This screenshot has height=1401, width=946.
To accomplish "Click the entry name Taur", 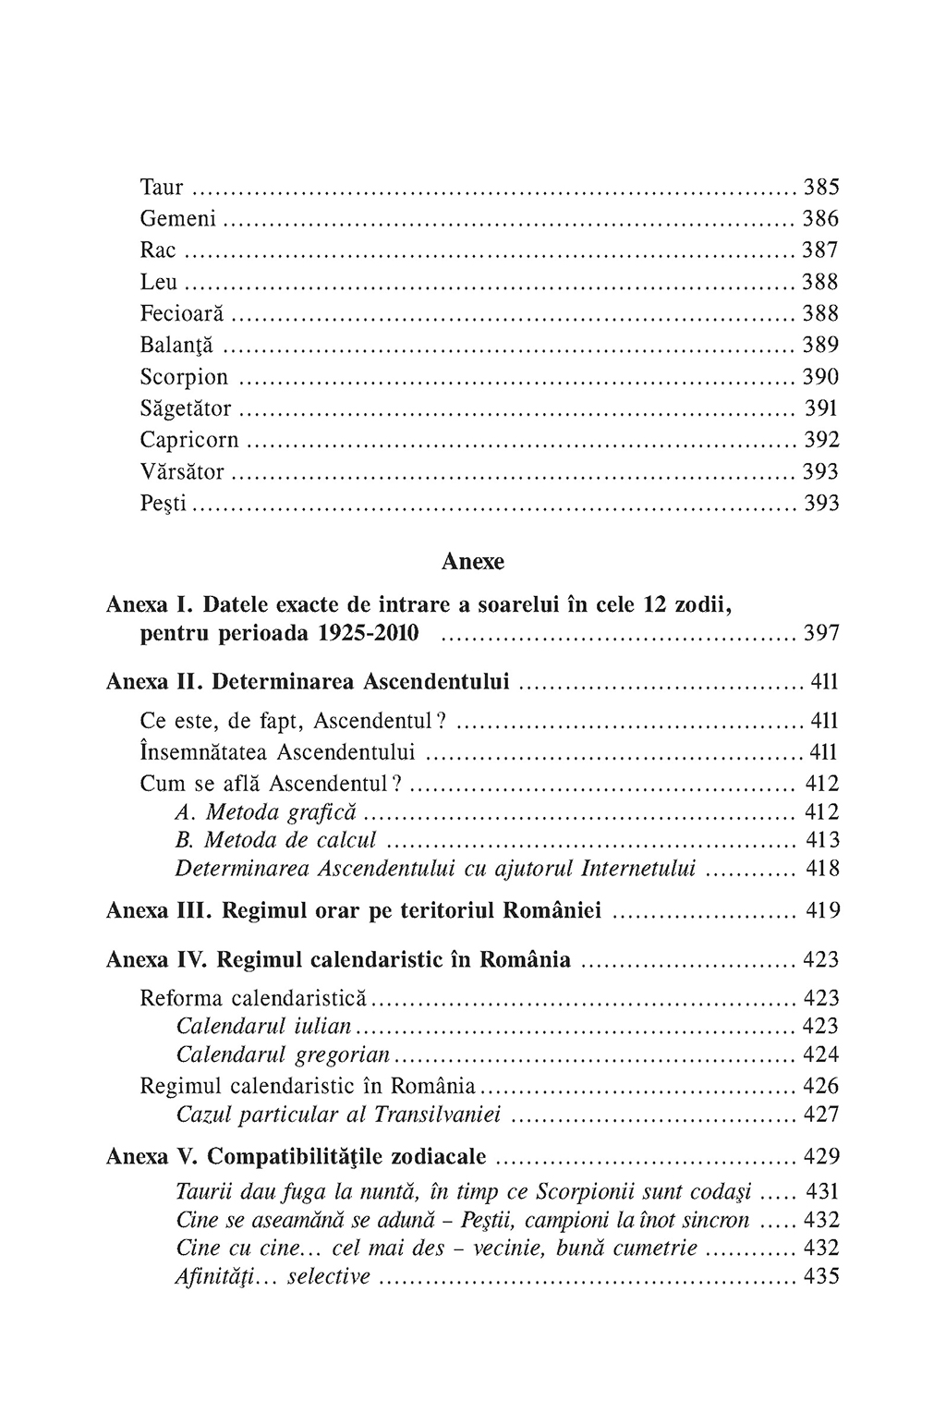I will pos(162,188).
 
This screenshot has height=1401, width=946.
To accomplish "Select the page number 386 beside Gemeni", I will pos(820,219).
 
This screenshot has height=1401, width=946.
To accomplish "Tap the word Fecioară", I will pos(182,313).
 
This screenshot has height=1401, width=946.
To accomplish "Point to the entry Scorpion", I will pos(184,377).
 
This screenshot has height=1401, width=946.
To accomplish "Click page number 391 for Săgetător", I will pos(821,408).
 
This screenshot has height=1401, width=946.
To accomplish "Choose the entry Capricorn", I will pos(189,440).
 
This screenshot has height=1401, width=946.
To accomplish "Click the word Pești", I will pos(164,504).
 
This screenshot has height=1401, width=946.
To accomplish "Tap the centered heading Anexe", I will pos(473,561).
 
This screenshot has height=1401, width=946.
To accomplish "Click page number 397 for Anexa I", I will pos(820,634).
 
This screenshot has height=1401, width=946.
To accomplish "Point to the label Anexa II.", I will pos(153,682).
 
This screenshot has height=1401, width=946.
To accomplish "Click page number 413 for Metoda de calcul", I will pos(821,840).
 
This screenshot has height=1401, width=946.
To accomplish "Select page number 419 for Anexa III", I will pos(821,911).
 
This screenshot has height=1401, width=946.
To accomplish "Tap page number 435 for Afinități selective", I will pos(821,1277).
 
